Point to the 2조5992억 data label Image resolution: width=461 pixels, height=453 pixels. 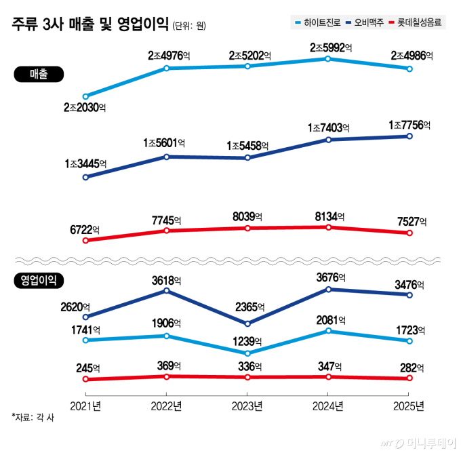tap(332, 48)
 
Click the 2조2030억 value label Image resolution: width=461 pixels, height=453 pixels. tap(85, 107)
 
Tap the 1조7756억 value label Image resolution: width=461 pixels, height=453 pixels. tap(409, 125)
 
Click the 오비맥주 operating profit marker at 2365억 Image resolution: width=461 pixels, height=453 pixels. tap(247, 323)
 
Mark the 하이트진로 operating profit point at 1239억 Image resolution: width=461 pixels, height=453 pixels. tap(247, 353)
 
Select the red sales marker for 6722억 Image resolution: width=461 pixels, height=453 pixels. tap(85, 239)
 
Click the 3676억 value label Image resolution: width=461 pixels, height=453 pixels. tap(328, 278)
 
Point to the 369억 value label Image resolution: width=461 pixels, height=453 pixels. tap(166, 365)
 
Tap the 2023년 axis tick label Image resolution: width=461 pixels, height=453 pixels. tap(247, 406)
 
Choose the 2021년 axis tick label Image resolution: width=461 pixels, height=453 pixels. tap(85, 406)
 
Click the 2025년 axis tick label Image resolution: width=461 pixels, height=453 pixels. tap(409, 406)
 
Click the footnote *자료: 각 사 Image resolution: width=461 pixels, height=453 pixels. tap(33, 418)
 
